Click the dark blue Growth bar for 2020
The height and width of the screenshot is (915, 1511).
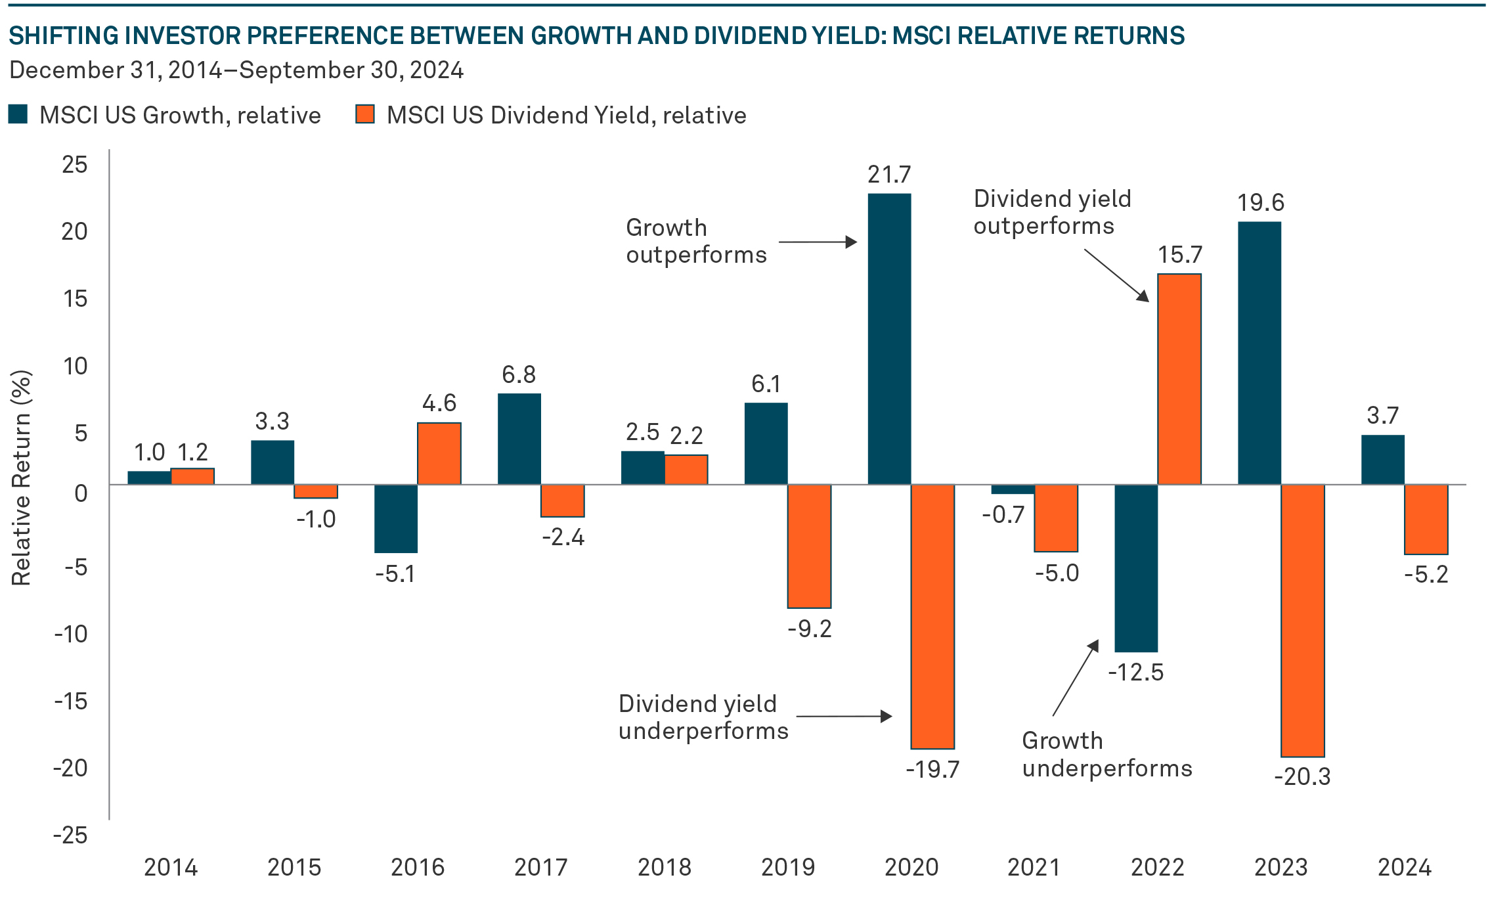click(x=889, y=339)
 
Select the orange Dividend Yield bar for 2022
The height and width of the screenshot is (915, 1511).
click(x=1179, y=379)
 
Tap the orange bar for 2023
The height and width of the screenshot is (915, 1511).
click(x=1303, y=621)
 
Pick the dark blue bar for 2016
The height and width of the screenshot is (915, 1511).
click(x=396, y=518)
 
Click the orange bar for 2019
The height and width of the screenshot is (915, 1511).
click(x=809, y=546)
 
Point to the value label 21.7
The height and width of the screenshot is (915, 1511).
click(x=889, y=175)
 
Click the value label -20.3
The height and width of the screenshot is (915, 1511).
click(x=1302, y=777)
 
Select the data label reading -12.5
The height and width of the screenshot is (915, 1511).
click(x=1135, y=673)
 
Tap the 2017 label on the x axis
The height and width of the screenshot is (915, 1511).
click(x=540, y=868)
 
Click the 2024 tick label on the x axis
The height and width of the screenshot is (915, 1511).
click(x=1404, y=868)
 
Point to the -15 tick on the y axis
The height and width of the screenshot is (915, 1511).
click(x=71, y=702)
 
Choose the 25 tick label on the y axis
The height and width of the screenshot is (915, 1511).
click(x=74, y=164)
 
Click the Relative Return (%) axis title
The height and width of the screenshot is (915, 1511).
click(x=21, y=478)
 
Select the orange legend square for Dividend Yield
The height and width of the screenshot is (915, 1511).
click(x=365, y=114)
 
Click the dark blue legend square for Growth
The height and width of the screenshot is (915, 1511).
click(x=18, y=114)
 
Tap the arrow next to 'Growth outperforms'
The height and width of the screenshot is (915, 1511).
click(x=818, y=242)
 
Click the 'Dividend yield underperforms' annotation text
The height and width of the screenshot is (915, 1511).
click(x=703, y=717)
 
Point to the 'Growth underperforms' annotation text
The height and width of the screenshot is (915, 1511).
click(x=1106, y=754)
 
